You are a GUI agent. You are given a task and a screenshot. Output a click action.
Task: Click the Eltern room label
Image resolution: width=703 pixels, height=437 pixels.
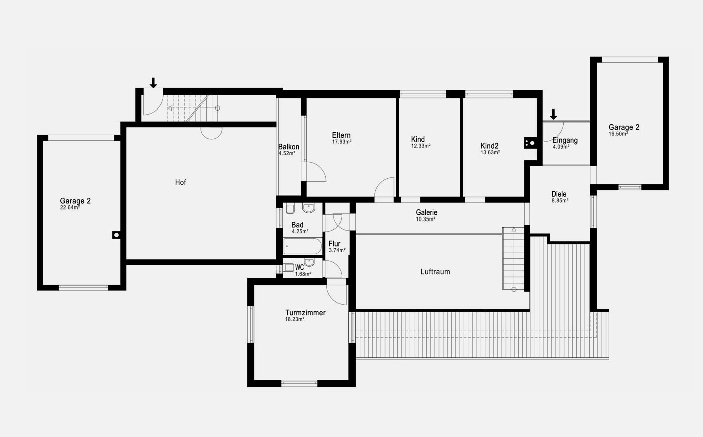click(x=341, y=135)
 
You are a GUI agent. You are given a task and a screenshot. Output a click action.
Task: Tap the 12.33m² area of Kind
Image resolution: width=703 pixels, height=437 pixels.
click(x=421, y=146)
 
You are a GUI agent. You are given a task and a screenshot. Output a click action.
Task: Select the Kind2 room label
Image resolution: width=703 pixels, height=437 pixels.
click(x=489, y=146)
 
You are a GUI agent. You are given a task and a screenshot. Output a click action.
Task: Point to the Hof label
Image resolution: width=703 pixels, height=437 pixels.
click(x=180, y=182)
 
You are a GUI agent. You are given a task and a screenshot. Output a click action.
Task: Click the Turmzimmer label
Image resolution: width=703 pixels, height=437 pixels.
click(x=305, y=312)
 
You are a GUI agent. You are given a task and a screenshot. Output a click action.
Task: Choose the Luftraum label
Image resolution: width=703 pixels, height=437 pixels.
click(x=435, y=272)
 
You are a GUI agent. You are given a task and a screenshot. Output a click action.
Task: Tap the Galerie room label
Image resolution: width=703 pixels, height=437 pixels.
click(x=426, y=212)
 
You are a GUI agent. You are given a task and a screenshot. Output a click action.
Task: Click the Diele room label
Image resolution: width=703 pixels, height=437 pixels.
click(x=559, y=194)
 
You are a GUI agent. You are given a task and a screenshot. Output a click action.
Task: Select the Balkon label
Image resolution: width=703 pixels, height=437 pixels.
click(x=288, y=147)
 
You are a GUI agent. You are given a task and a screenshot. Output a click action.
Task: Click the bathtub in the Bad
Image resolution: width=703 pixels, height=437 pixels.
click(x=302, y=246)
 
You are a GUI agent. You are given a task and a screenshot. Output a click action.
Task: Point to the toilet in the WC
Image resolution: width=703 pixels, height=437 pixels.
click(x=288, y=267)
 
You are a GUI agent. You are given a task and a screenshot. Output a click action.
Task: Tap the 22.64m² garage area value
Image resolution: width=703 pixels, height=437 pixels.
click(x=70, y=208)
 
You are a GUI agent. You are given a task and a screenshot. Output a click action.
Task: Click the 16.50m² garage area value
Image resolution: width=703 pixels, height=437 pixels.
click(x=618, y=134)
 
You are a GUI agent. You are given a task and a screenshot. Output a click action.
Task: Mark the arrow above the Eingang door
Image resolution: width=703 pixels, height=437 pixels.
click(x=553, y=115)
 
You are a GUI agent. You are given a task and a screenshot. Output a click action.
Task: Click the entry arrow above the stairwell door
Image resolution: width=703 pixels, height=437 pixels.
click(x=153, y=83)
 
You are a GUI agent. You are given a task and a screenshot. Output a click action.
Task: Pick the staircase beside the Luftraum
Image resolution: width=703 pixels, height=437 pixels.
click(x=513, y=258)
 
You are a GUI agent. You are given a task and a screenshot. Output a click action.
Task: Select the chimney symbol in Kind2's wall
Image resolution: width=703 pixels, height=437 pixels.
click(x=530, y=143)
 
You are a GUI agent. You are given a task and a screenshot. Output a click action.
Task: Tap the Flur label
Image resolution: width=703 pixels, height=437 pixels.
click(x=334, y=243)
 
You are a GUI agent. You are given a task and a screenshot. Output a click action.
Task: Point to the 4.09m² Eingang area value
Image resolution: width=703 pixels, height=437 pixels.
click(x=561, y=147)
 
